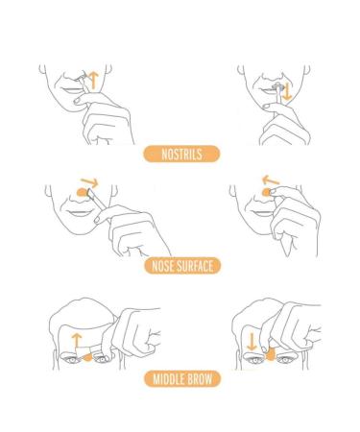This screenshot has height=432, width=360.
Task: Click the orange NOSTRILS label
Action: tap(180, 153)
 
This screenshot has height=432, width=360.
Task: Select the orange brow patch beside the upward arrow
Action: tap(88, 359)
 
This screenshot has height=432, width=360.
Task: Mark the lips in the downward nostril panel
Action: tap(260, 96)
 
